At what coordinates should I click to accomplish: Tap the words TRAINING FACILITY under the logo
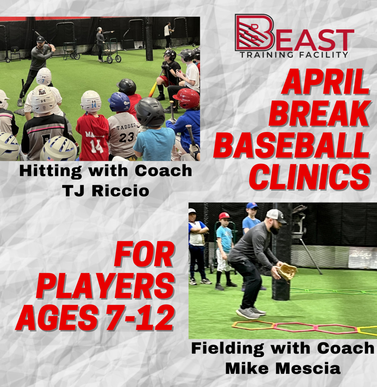[x=294, y=55]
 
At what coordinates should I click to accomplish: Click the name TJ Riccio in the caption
[x=106, y=191]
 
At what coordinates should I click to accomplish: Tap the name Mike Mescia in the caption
[x=283, y=368]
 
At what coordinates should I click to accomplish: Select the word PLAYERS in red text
[x=106, y=286]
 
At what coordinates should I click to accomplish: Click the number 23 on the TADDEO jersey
[x=126, y=138]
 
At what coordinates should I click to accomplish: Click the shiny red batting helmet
[x=187, y=98]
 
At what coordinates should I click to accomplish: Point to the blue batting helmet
[x=119, y=102]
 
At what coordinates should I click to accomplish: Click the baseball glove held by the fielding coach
[x=287, y=271]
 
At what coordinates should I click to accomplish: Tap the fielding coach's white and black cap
[x=276, y=216]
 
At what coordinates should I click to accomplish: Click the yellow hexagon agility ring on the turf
[x=367, y=331]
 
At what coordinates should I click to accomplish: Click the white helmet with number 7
[x=44, y=76]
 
